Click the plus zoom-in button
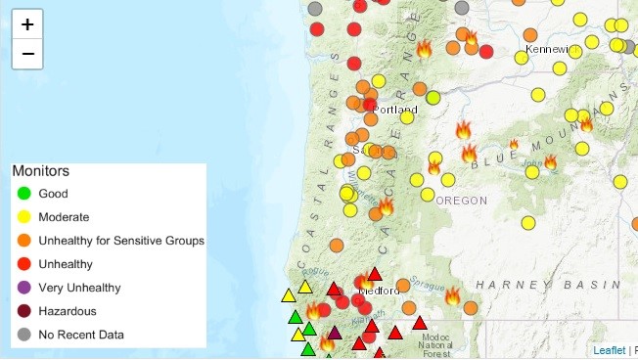point(27,24)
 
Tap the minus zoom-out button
point(27,54)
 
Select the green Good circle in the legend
point(23,194)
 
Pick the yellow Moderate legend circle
point(23,217)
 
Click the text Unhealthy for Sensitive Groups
point(121,241)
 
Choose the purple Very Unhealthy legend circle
point(23,288)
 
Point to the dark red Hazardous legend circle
point(23,311)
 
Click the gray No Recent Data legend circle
point(23,335)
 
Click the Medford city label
point(379,291)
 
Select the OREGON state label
point(461,201)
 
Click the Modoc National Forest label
point(435,343)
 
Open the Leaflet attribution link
point(609,350)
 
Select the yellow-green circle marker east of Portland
point(433,98)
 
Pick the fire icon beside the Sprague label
point(452,295)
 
